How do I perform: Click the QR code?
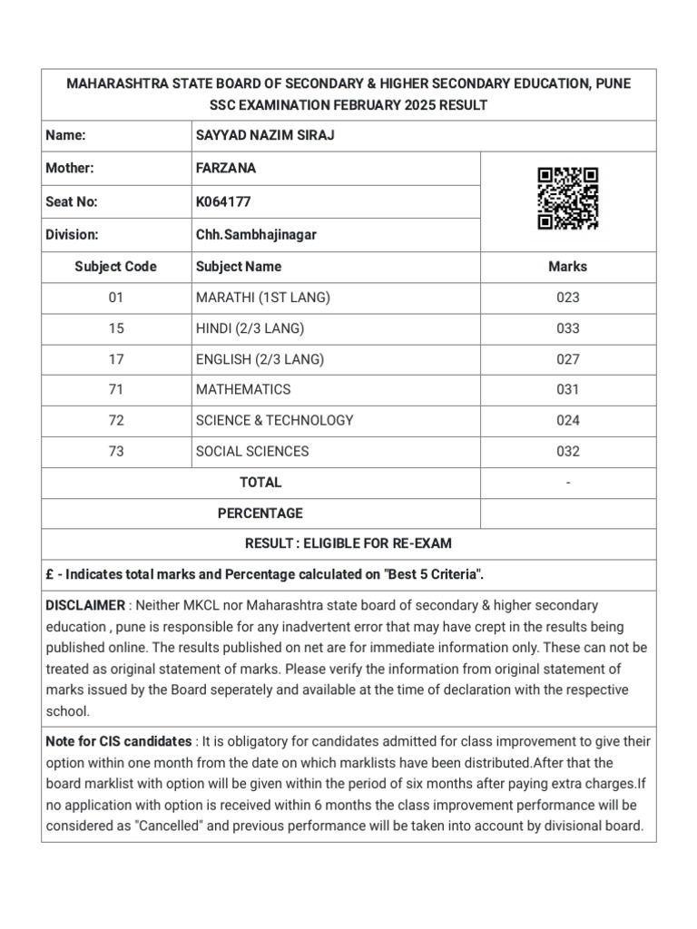click(x=567, y=199)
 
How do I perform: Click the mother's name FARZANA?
click(x=226, y=168)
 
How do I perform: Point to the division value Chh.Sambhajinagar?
click(x=257, y=235)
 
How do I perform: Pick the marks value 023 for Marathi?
click(x=568, y=298)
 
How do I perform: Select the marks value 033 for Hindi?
click(x=568, y=328)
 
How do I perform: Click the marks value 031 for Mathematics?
click(x=568, y=389)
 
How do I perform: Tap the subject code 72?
click(x=116, y=420)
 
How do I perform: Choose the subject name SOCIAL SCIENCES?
click(x=252, y=451)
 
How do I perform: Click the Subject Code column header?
click(x=116, y=267)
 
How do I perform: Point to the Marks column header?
click(x=568, y=267)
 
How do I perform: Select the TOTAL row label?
click(x=260, y=482)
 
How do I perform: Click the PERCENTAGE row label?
click(x=260, y=513)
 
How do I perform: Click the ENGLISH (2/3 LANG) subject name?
click(x=260, y=359)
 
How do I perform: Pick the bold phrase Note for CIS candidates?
click(x=119, y=741)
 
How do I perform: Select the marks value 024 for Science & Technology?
click(x=568, y=420)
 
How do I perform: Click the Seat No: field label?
click(x=72, y=201)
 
